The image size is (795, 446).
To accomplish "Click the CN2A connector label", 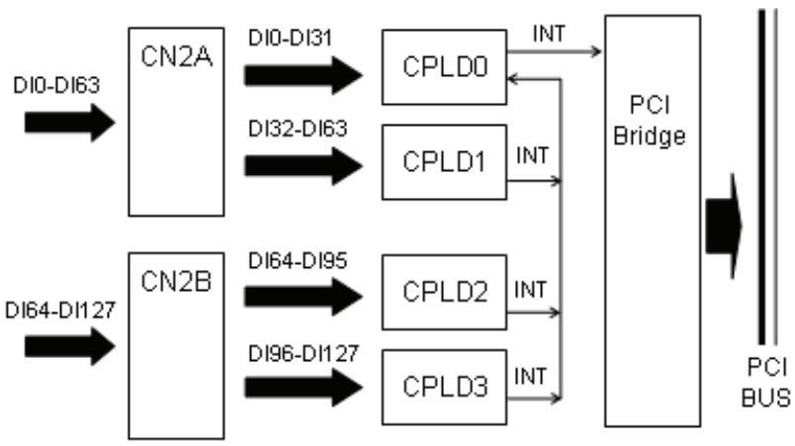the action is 176,56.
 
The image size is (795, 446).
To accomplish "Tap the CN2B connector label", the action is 176,282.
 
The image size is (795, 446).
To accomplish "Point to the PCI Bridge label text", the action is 650,121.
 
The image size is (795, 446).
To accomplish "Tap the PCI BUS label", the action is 766,383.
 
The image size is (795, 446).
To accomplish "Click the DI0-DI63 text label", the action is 56,85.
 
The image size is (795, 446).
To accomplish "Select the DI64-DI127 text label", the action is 60,311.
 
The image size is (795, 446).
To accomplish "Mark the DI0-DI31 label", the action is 290,38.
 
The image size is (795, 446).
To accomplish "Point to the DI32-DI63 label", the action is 298,129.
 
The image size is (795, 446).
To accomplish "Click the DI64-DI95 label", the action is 298,261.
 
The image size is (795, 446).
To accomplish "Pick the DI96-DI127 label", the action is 304,354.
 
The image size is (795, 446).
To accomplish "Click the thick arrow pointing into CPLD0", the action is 304,75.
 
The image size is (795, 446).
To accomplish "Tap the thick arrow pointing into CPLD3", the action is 304,388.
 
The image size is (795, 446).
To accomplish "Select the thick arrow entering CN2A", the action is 70,123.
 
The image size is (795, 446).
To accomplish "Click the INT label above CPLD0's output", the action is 549,34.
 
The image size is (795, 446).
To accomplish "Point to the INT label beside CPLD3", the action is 530,377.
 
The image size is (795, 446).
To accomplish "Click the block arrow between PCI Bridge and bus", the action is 724,226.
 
